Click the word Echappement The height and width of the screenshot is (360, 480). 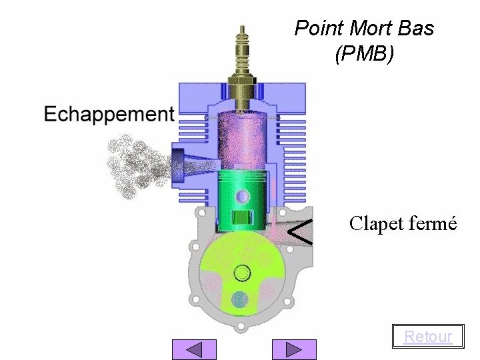click(109, 115)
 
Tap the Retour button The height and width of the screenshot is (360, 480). click(428, 336)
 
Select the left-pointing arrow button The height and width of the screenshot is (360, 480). click(194, 349)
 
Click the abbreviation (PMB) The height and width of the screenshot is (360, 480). click(364, 53)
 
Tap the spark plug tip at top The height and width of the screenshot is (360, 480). click(242, 29)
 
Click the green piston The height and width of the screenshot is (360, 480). click(242, 201)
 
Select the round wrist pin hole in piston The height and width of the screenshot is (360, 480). click(243, 196)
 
